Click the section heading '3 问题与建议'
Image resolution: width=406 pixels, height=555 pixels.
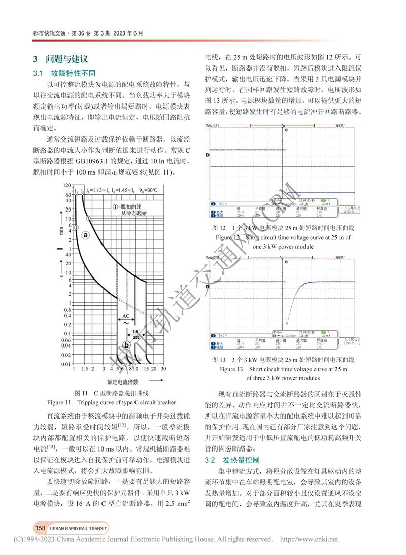[60, 59]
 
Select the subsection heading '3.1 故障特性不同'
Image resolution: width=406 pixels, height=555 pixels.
[64, 73]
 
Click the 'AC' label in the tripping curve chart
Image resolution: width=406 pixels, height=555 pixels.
[126, 315]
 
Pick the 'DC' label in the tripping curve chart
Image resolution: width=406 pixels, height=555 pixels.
[137, 332]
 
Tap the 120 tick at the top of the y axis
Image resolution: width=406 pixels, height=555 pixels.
[67, 186]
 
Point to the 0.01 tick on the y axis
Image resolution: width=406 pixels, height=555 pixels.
[65, 364]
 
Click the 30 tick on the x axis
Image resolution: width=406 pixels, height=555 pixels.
[163, 370]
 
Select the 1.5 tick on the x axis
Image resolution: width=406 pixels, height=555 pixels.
[85, 370]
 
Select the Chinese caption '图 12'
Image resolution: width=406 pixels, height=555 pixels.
[218, 228]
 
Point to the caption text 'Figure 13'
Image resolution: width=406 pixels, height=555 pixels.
[231, 369]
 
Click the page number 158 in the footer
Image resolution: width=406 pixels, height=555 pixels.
[41, 528]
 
